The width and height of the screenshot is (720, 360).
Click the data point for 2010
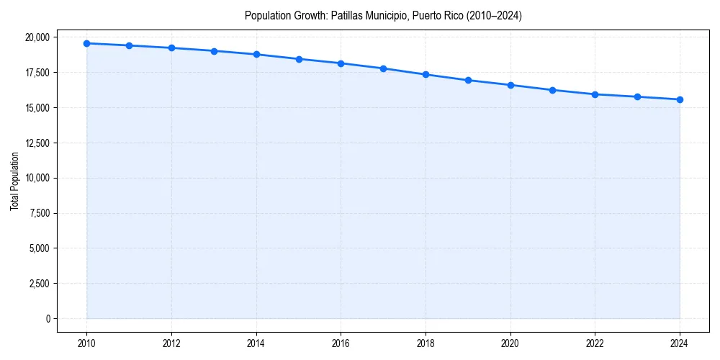point(86,43)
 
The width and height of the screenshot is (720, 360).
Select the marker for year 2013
point(214,51)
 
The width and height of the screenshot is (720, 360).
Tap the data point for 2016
point(341,63)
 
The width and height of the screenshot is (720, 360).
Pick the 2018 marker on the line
point(426,74)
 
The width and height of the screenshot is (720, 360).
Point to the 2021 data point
point(552,90)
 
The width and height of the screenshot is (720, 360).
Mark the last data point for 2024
point(680,99)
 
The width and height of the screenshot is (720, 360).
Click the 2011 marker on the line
point(129,45)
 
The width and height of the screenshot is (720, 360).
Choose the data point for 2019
point(468,80)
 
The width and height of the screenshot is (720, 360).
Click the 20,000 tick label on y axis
point(37,37)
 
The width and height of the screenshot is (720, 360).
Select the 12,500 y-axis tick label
point(37,143)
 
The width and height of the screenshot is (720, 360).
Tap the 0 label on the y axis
point(48,318)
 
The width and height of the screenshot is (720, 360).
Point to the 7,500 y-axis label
point(40,213)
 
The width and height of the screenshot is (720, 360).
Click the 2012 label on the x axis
point(171,343)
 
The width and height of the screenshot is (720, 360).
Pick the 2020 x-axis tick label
point(510,343)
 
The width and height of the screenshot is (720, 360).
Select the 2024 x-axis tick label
point(680,343)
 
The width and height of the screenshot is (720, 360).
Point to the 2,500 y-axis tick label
point(40,284)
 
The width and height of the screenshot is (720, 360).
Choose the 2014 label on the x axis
point(256,343)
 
